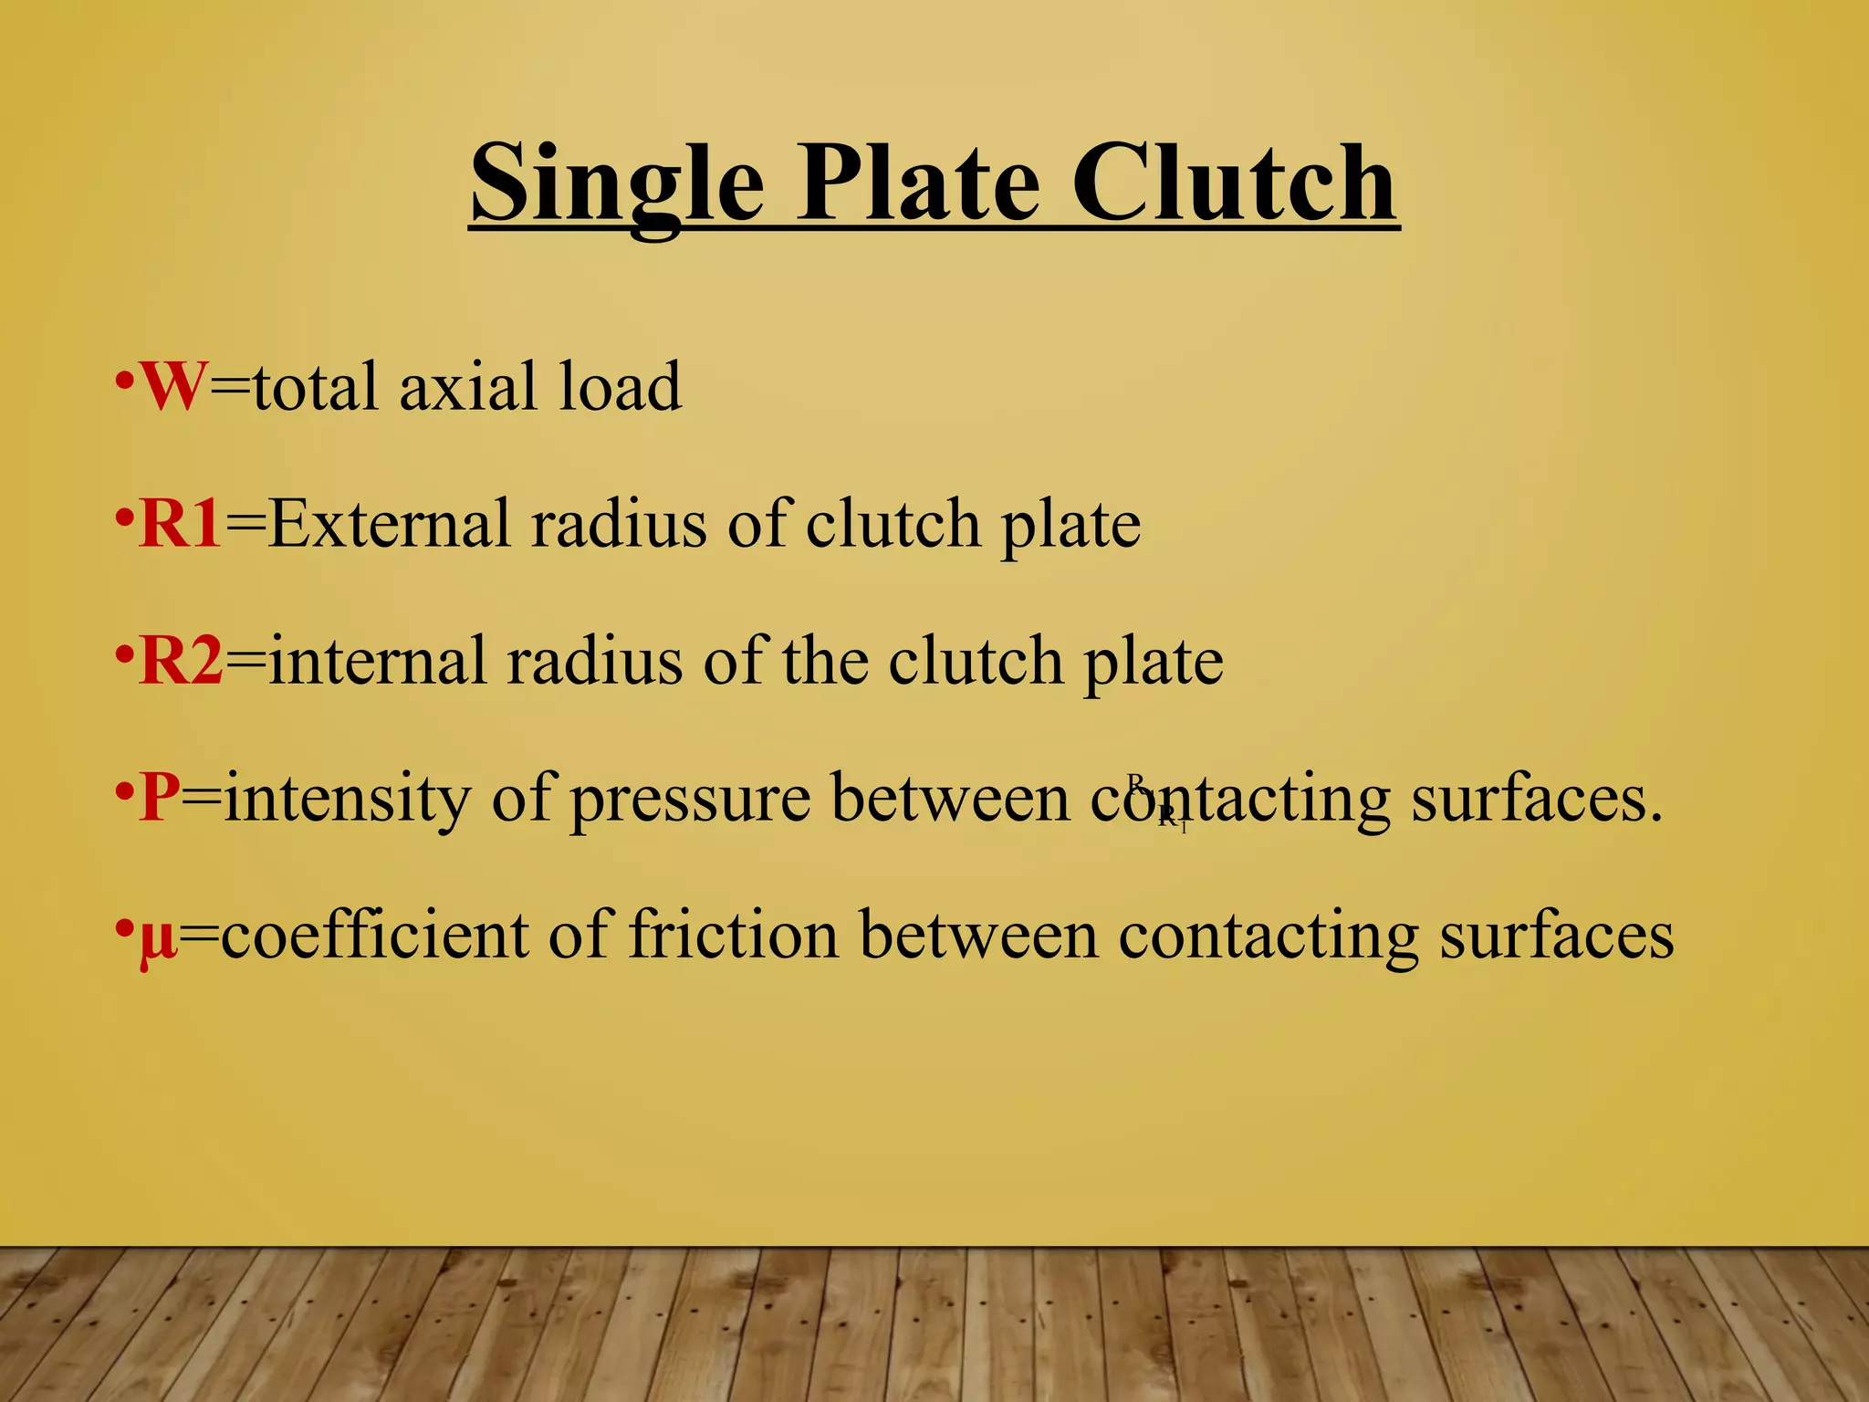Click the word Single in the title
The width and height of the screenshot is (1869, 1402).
617,184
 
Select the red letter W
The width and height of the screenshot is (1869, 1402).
172,387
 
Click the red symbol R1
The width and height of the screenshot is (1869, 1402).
181,524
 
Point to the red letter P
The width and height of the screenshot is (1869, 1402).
159,798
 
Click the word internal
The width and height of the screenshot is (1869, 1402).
378,661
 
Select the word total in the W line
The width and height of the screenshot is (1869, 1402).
316,387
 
